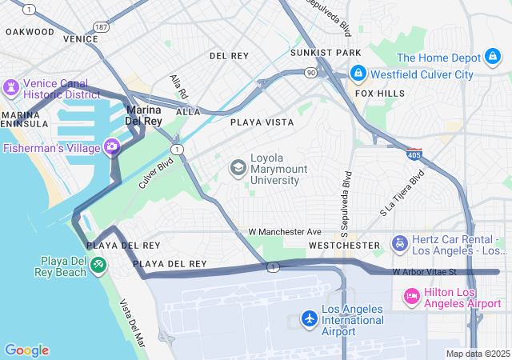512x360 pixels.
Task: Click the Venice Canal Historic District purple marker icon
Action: click(12, 86)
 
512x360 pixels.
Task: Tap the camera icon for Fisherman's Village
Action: click(112, 146)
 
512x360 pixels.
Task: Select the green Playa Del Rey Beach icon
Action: click(98, 264)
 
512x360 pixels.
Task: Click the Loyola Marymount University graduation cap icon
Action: click(238, 167)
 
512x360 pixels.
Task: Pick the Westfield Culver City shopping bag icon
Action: click(357, 74)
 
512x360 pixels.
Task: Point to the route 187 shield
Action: click(101, 27)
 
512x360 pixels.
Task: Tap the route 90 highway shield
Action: click(310, 73)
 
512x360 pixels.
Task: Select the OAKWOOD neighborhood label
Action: click(30, 32)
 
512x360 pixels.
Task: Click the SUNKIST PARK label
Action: click(326, 53)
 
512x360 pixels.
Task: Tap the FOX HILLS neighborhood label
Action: click(380, 94)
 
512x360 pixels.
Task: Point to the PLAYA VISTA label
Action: click(262, 122)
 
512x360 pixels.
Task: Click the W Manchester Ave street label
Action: click(284, 231)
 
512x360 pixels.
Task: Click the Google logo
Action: click(26, 350)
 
